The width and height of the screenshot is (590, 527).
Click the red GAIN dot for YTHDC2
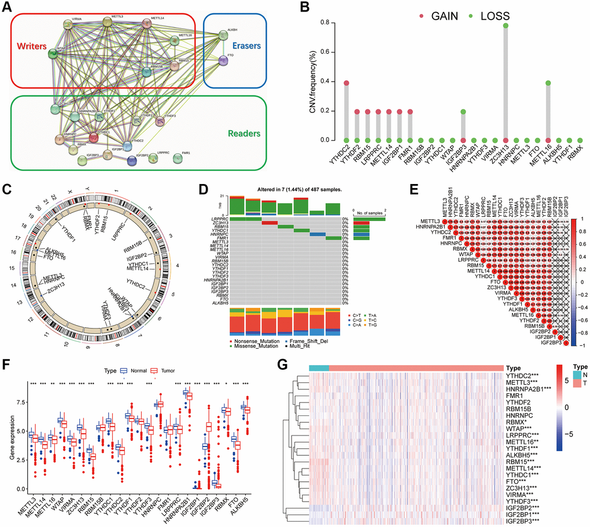[x=330, y=83]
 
